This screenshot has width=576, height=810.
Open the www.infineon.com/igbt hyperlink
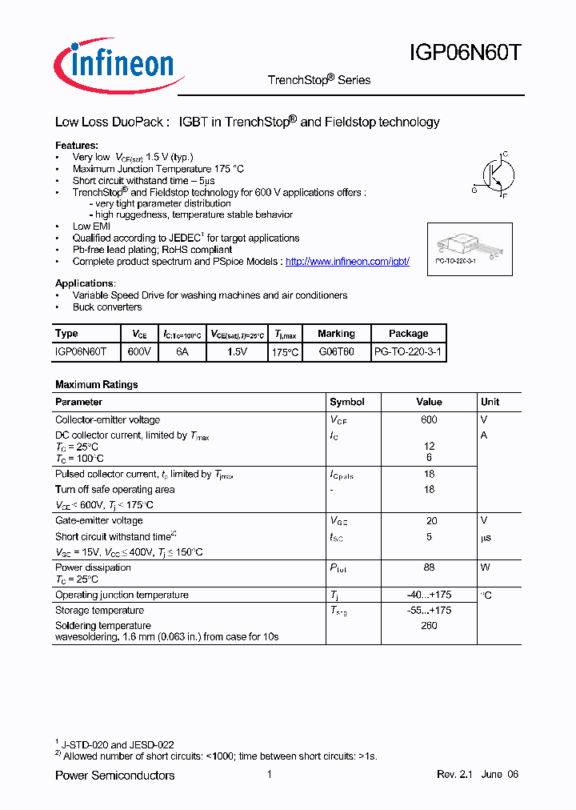tap(347, 262)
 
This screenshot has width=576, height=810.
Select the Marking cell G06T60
tap(336, 351)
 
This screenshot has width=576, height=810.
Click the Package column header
tap(408, 334)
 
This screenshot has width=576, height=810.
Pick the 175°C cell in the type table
tap(286, 351)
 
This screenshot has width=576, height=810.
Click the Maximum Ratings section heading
tap(96, 384)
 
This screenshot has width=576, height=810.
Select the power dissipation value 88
tap(429, 567)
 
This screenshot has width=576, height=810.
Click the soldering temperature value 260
tap(429, 625)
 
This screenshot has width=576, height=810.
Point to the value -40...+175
tap(429, 595)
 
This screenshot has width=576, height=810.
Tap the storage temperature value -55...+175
tap(429, 610)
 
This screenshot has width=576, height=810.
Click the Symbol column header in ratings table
tap(347, 402)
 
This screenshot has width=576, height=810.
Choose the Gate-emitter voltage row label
tap(99, 520)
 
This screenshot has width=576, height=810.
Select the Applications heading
tap(85, 283)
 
